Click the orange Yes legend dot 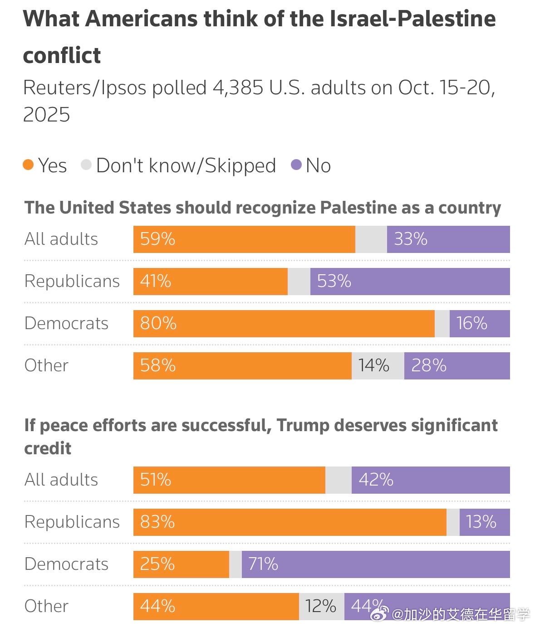click(28, 165)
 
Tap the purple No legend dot click(296, 165)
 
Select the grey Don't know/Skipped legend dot click(86, 165)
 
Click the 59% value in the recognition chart click(157, 239)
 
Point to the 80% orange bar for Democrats click(284, 324)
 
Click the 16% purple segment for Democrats click(479, 324)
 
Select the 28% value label click(429, 365)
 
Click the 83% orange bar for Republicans click(290, 522)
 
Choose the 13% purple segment click(484, 522)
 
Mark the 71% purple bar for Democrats click(375, 564)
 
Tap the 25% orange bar click(181, 564)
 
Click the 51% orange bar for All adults click(229, 480)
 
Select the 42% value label click(376, 480)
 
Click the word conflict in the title click(62, 56)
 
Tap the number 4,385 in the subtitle click(238, 87)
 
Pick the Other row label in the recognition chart click(46, 365)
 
